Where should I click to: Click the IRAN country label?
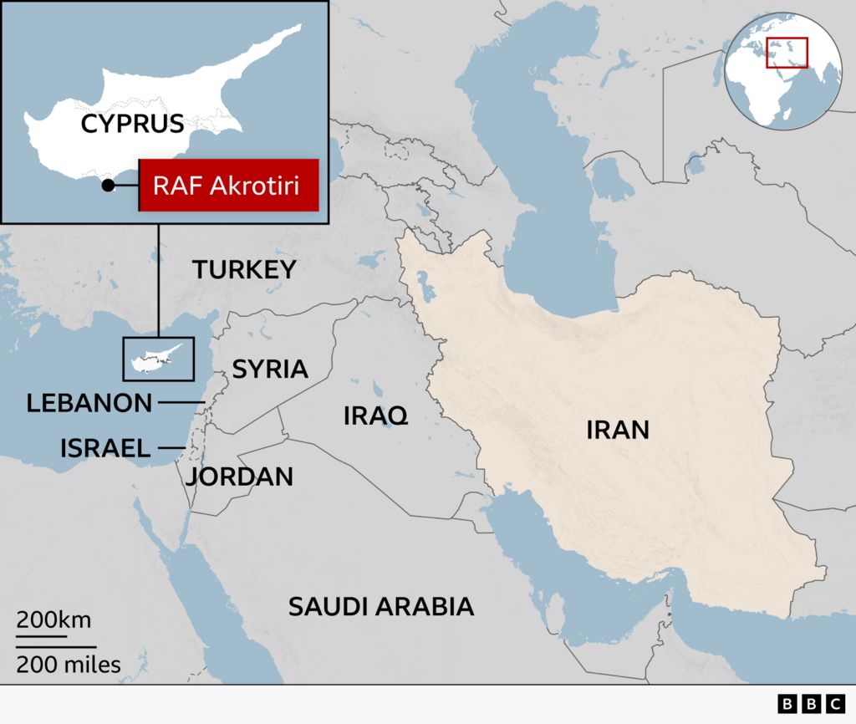click(x=617, y=430)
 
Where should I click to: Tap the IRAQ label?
click(x=375, y=415)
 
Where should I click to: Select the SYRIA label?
click(x=270, y=369)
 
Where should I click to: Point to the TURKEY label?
click(x=244, y=269)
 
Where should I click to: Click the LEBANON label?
click(x=89, y=403)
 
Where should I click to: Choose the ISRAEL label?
click(x=105, y=448)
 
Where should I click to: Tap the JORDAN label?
click(x=239, y=477)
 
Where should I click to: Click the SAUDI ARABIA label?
click(x=380, y=606)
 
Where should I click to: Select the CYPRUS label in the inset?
click(x=132, y=125)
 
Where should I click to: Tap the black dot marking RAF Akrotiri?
click(x=108, y=186)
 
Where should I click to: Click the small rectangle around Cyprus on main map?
click(x=159, y=358)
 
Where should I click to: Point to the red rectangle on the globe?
click(x=787, y=53)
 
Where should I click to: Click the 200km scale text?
click(x=53, y=620)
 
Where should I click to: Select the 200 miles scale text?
click(x=68, y=665)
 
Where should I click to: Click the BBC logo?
click(x=810, y=704)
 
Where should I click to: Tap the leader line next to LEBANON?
click(x=181, y=403)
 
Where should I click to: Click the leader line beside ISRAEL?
click(x=171, y=449)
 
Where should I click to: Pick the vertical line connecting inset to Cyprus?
click(x=158, y=280)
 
